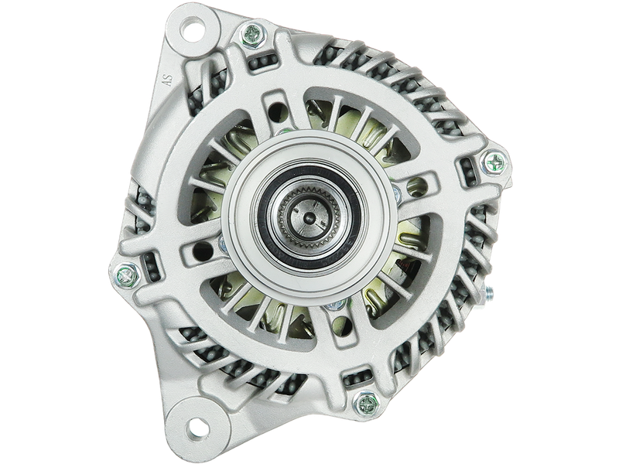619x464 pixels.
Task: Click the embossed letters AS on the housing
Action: tap(169, 80)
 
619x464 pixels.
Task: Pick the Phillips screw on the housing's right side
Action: tap(494, 162)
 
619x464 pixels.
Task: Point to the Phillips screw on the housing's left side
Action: tap(126, 273)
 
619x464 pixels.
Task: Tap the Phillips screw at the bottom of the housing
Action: tap(366, 404)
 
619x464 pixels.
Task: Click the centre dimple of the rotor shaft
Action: tap(309, 217)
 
